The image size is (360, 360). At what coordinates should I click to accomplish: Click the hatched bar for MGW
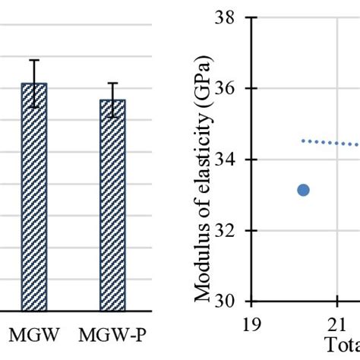pyautogui.click(x=33, y=197)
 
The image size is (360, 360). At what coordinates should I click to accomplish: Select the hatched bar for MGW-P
pyautogui.click(x=112, y=205)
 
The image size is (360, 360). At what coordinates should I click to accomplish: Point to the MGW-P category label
pyautogui.click(x=113, y=333)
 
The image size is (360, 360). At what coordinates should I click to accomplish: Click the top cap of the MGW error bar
pyautogui.click(x=33, y=60)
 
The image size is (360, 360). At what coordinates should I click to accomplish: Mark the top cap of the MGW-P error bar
pyautogui.click(x=112, y=83)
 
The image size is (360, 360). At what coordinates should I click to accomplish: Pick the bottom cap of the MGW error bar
pyautogui.click(x=33, y=107)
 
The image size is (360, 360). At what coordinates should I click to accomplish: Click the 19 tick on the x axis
pyautogui.click(x=251, y=324)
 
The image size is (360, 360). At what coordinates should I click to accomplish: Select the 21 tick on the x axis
pyautogui.click(x=338, y=324)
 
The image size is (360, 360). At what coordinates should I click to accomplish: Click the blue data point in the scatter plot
pyautogui.click(x=303, y=190)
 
